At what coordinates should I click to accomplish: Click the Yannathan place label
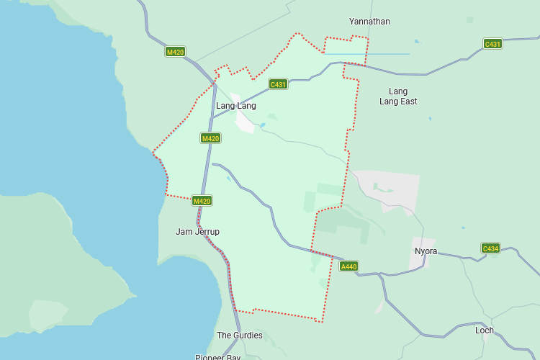click(369, 22)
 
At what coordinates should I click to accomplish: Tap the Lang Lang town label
click(235, 106)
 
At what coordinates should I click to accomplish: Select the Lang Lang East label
click(397, 96)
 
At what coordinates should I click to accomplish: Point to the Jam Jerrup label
click(197, 232)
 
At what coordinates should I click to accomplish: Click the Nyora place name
click(426, 251)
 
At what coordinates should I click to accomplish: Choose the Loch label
click(485, 330)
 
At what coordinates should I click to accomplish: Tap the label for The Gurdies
click(240, 336)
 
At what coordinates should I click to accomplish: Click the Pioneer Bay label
click(217, 356)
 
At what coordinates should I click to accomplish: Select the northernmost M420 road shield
click(175, 52)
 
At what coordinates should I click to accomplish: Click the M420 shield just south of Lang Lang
click(210, 138)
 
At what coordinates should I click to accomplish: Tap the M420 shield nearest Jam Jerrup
click(202, 201)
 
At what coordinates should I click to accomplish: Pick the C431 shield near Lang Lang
click(278, 84)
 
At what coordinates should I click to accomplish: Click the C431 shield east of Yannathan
click(492, 44)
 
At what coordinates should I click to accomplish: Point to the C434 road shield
click(490, 248)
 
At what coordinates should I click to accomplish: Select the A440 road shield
click(348, 266)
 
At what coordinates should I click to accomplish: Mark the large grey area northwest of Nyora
click(389, 189)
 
